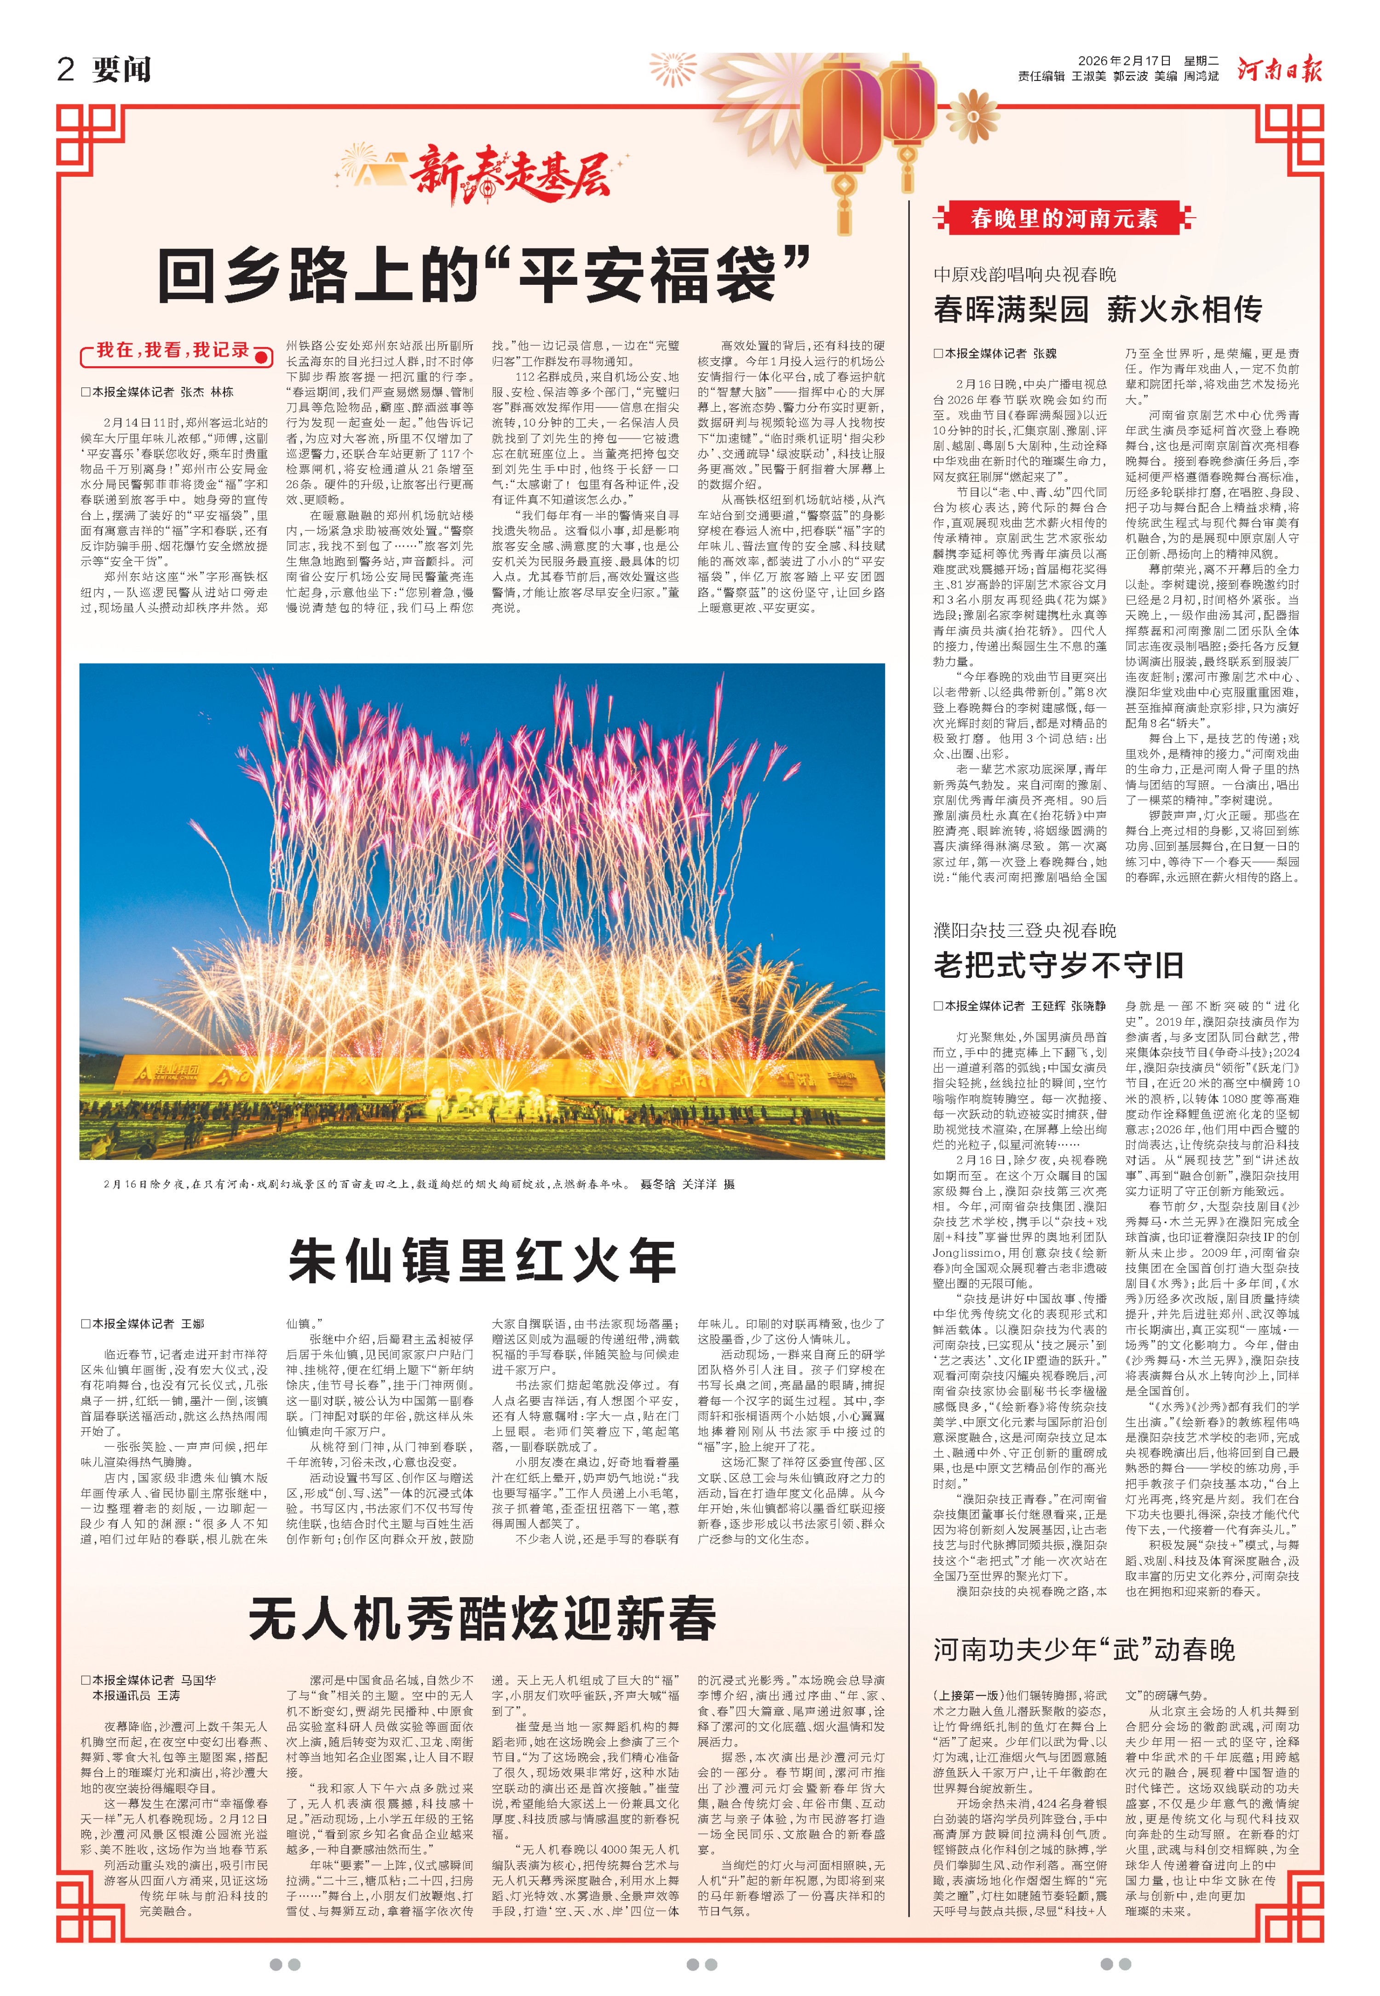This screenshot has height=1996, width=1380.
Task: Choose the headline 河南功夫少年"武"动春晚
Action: click(x=1083, y=1649)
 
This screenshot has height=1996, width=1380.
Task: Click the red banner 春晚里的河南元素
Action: click(x=1064, y=218)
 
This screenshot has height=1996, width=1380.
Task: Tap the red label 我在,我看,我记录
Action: click(x=173, y=350)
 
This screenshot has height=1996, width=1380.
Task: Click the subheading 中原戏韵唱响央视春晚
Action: click(x=1024, y=274)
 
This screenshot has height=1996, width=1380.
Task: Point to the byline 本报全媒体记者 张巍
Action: click(x=995, y=353)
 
